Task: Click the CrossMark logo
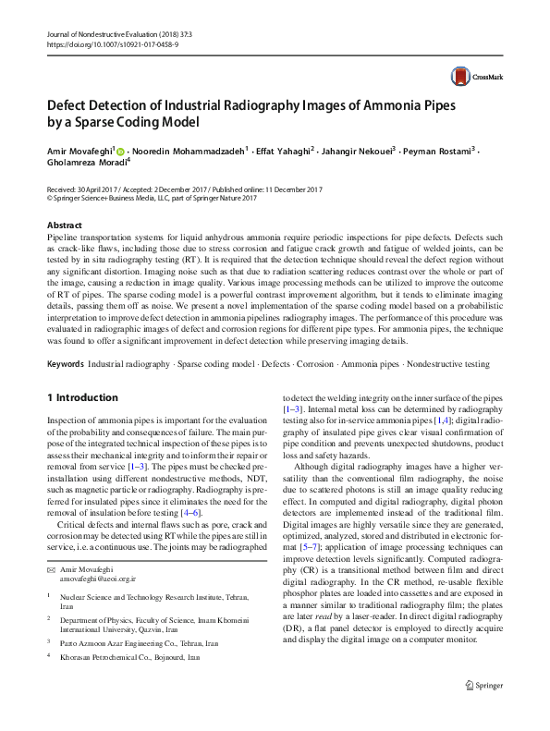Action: (x=471, y=76)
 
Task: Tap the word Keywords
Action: (x=70, y=364)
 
